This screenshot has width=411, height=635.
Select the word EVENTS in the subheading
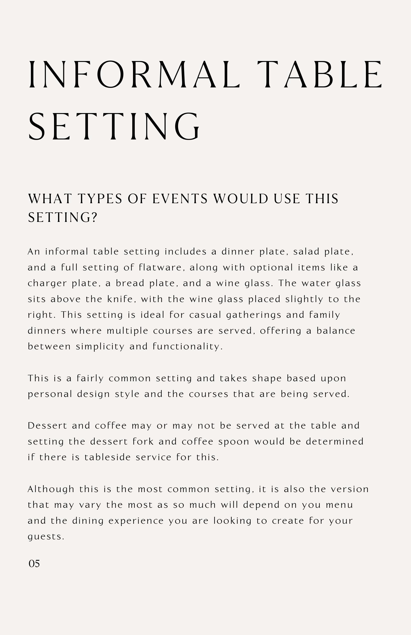click(x=180, y=199)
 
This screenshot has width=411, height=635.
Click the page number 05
click(x=34, y=564)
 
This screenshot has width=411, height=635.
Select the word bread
click(x=130, y=283)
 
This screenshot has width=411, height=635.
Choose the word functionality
click(x=188, y=347)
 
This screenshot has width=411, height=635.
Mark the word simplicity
click(x=100, y=347)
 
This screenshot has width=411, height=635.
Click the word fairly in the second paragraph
click(x=90, y=378)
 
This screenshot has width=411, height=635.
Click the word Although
click(x=51, y=489)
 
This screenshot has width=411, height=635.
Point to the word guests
click(x=46, y=537)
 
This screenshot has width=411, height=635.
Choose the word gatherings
click(x=254, y=315)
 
